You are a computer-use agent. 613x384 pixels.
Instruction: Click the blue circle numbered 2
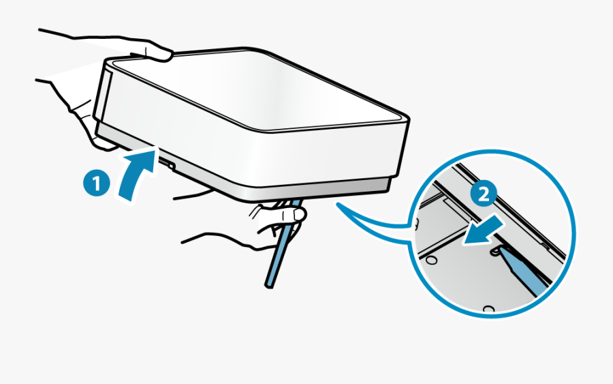(x=484, y=194)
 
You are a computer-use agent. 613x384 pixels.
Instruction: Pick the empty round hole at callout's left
(x=431, y=260)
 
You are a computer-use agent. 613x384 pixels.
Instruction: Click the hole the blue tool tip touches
(x=496, y=250)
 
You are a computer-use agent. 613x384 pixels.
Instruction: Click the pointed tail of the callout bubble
(x=338, y=204)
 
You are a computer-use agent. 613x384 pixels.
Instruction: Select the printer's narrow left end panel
(x=104, y=93)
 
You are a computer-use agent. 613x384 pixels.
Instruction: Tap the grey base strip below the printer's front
(x=242, y=176)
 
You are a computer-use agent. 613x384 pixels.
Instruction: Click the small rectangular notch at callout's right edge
(x=546, y=246)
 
